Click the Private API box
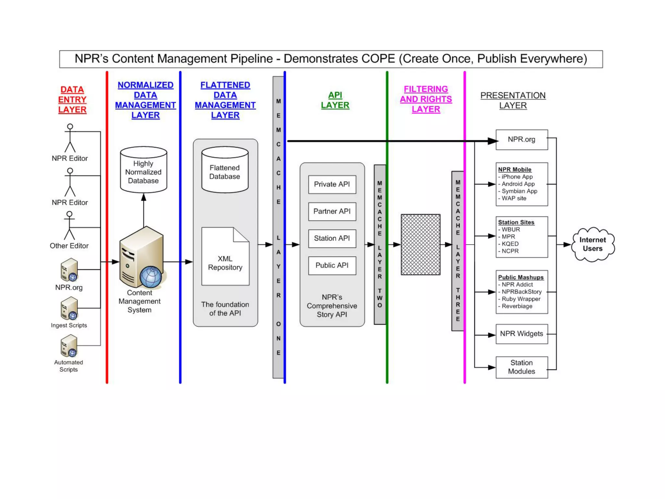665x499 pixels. coord(332,185)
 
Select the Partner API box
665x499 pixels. coord(332,211)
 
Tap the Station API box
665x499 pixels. coord(332,238)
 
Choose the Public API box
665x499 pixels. coord(332,265)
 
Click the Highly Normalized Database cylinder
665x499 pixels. coord(144,171)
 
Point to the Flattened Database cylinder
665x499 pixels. coord(225,171)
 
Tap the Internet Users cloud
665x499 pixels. coord(593,244)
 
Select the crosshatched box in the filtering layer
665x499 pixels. coord(420,244)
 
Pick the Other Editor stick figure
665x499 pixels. coord(69,225)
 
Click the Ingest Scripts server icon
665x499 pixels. coord(69,309)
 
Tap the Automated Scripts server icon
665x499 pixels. coord(69,346)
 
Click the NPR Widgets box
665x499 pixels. coord(521,334)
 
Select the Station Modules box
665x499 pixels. coord(521,367)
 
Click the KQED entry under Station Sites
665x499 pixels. coord(510,244)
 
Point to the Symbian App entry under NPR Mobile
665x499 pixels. coord(519,191)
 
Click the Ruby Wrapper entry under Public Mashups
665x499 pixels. coord(521,299)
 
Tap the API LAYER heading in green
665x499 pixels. coord(335,100)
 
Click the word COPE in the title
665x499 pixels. coord(378,59)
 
